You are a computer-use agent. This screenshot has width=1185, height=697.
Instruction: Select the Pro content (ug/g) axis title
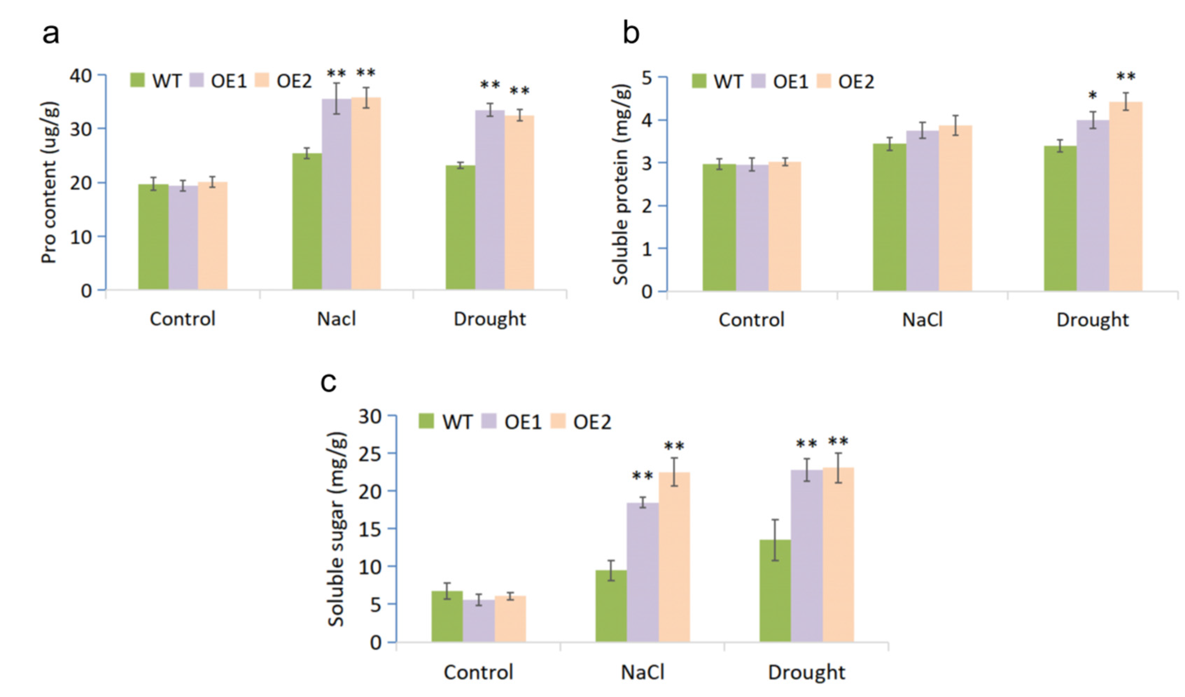pos(50,182)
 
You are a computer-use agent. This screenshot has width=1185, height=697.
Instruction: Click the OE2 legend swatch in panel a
pos(262,81)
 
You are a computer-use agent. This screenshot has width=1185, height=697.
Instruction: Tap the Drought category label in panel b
pos(1092,320)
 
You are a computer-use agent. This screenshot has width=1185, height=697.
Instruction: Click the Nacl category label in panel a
pos(336,319)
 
